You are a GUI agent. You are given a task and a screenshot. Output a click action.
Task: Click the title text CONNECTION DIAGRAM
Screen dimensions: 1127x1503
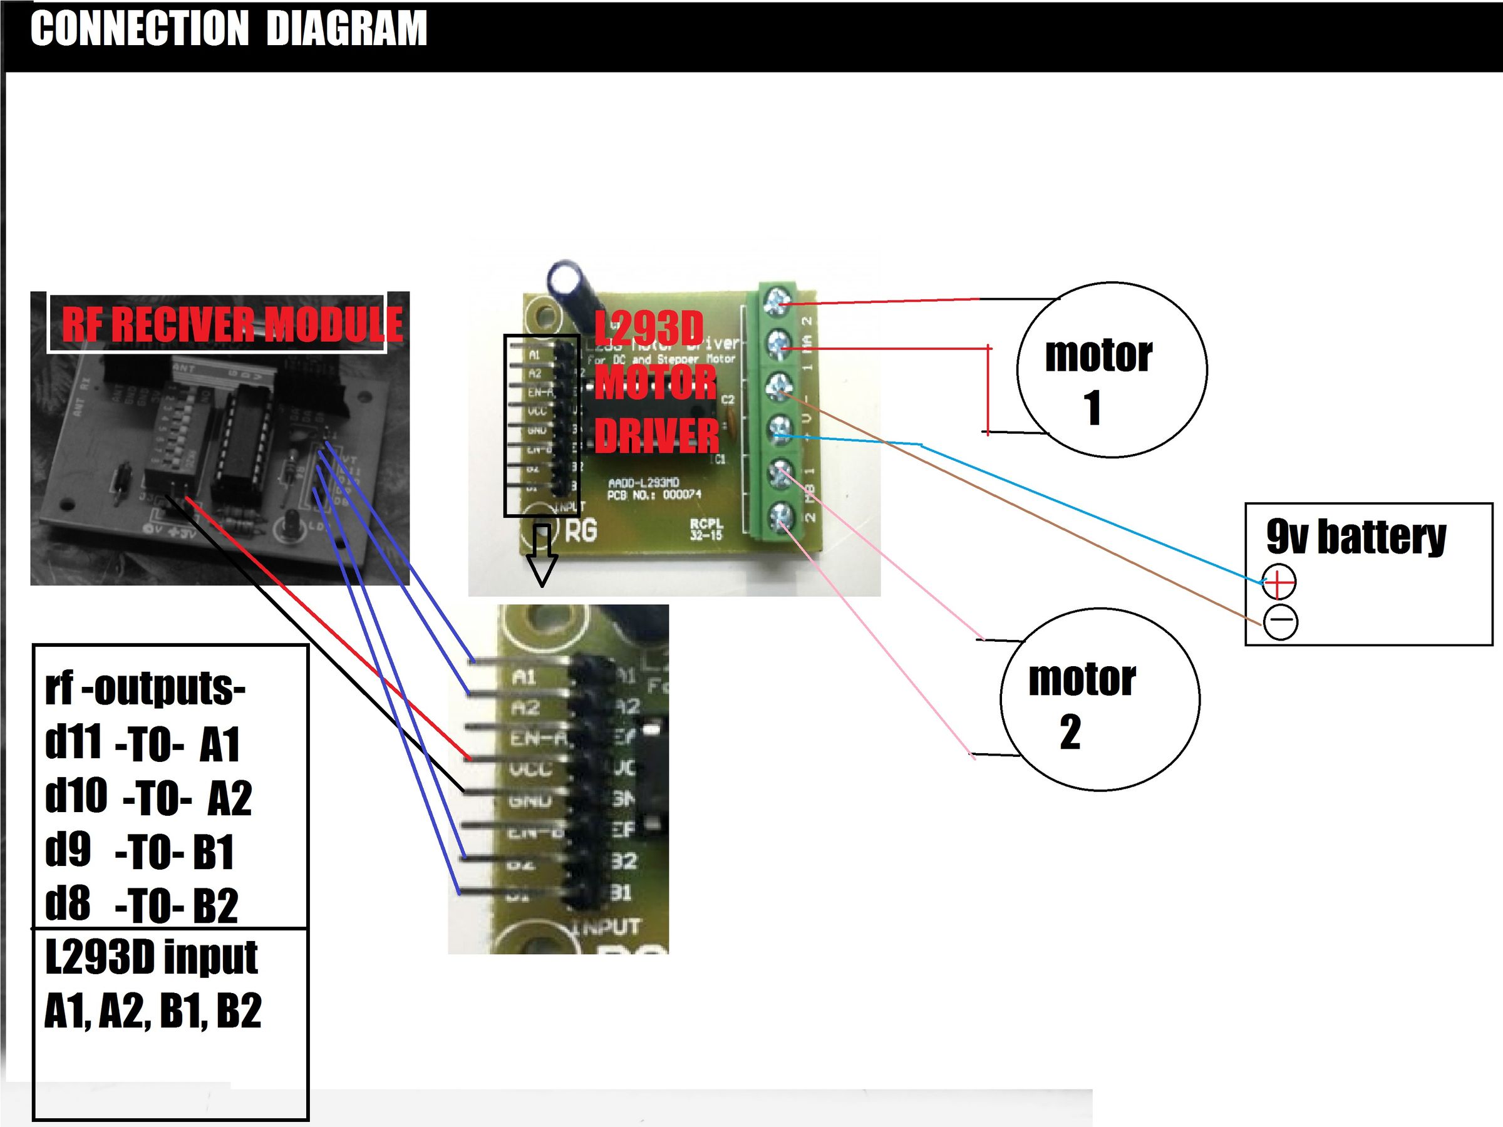point(229,29)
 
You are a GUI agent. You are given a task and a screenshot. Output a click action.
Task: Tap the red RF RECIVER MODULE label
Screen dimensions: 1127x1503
point(232,324)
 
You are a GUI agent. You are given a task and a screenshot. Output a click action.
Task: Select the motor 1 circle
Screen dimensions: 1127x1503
point(1112,369)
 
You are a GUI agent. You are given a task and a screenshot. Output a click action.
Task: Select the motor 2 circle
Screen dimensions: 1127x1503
point(1100,699)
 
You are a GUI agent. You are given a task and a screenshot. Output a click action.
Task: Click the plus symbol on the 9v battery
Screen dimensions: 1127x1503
point(1279,582)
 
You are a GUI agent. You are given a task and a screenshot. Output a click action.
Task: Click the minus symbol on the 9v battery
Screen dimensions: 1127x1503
point(1281,621)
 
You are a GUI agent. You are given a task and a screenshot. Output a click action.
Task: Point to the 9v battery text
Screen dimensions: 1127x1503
point(1356,537)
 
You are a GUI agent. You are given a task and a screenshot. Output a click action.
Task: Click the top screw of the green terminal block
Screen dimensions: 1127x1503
point(777,302)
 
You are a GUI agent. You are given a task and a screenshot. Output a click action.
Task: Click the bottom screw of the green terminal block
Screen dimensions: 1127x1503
point(780,518)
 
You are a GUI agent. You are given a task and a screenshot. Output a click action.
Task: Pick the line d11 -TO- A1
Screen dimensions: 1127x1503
point(142,743)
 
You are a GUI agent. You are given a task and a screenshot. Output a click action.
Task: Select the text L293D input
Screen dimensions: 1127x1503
point(152,957)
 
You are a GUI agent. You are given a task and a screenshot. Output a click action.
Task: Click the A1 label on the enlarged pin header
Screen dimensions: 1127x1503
point(524,677)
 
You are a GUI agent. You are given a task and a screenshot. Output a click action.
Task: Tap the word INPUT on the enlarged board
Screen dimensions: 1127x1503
point(608,927)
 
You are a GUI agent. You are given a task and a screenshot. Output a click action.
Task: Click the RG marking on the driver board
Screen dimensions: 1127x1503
point(581,530)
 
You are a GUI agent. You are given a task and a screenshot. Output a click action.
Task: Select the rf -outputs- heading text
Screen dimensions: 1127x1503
point(145,688)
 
